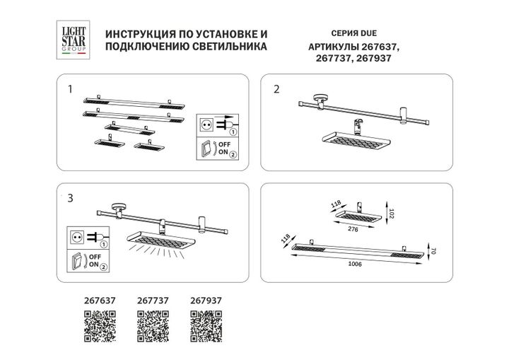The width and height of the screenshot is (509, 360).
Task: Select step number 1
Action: (x=69, y=90)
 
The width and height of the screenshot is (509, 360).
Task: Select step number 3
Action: (x=69, y=197)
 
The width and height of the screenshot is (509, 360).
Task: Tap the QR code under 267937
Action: (x=206, y=327)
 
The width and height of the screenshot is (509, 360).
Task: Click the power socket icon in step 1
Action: (x=209, y=125)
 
